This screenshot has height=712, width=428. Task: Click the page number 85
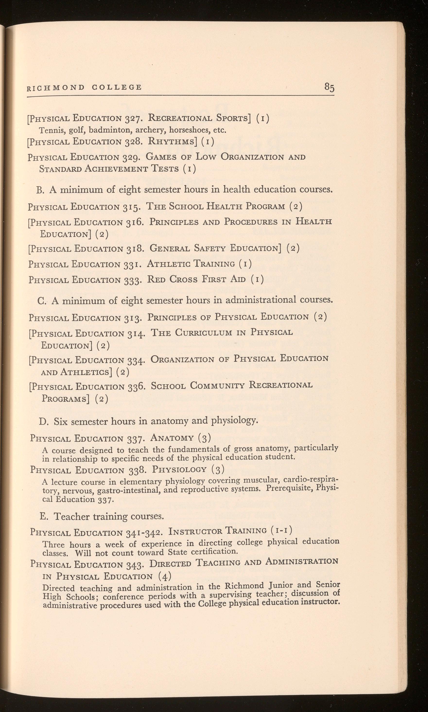pos(329,87)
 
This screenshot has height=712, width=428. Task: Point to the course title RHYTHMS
pos(173,141)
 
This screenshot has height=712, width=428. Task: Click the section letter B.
pos(40,190)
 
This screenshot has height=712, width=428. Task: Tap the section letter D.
pos(43,421)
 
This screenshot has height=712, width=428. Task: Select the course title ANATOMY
pos(172,438)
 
